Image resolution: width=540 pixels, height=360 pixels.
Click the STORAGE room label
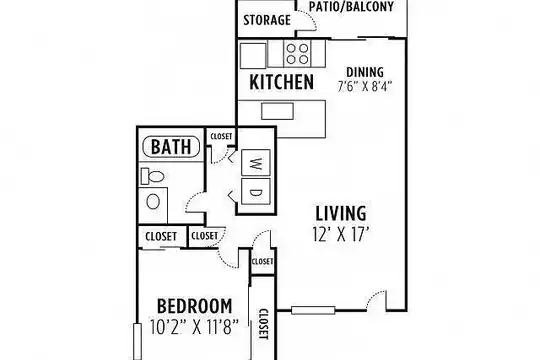click(x=267, y=20)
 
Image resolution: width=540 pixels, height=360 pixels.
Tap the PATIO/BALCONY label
click(x=351, y=7)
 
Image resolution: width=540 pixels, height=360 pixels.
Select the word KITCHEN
click(x=281, y=82)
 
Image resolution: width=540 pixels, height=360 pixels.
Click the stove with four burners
click(x=297, y=53)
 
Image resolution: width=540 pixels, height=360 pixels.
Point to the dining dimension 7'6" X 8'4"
click(x=365, y=86)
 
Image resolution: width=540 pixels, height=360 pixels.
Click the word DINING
click(x=365, y=72)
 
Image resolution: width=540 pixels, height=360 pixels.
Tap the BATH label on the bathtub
click(x=171, y=147)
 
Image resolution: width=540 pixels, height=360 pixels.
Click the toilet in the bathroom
click(x=152, y=176)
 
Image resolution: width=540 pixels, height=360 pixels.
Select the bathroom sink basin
click(x=153, y=202)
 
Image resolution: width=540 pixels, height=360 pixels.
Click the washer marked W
click(x=256, y=163)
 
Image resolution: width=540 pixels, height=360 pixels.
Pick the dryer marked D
click(x=256, y=191)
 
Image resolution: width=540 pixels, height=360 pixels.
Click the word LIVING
click(x=341, y=213)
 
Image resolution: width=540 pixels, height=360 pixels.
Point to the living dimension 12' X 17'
click(x=341, y=234)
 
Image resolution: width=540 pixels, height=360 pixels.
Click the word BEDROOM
click(x=195, y=306)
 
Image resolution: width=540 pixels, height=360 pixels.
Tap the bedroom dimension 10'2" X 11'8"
click(x=195, y=327)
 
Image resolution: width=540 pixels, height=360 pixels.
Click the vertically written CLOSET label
click(x=263, y=324)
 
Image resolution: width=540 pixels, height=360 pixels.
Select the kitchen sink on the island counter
click(x=277, y=111)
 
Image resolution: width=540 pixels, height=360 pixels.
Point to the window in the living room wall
click(x=313, y=310)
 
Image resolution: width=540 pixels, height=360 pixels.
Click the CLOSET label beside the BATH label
click(x=221, y=136)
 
